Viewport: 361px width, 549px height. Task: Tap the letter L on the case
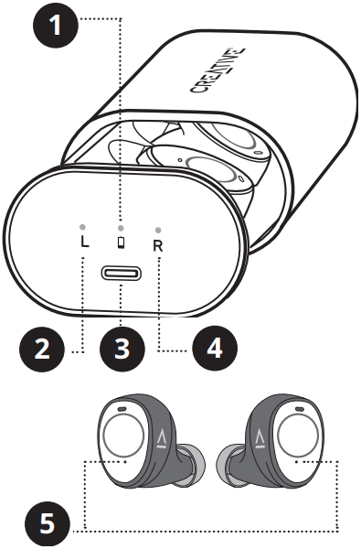coord(84,245)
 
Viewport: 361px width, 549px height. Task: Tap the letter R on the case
coord(159,245)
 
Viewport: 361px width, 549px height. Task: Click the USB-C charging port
coord(122,275)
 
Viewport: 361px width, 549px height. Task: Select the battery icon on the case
coord(122,242)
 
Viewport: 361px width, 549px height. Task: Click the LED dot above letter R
coord(159,230)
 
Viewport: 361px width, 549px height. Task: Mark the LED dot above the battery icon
coord(122,226)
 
